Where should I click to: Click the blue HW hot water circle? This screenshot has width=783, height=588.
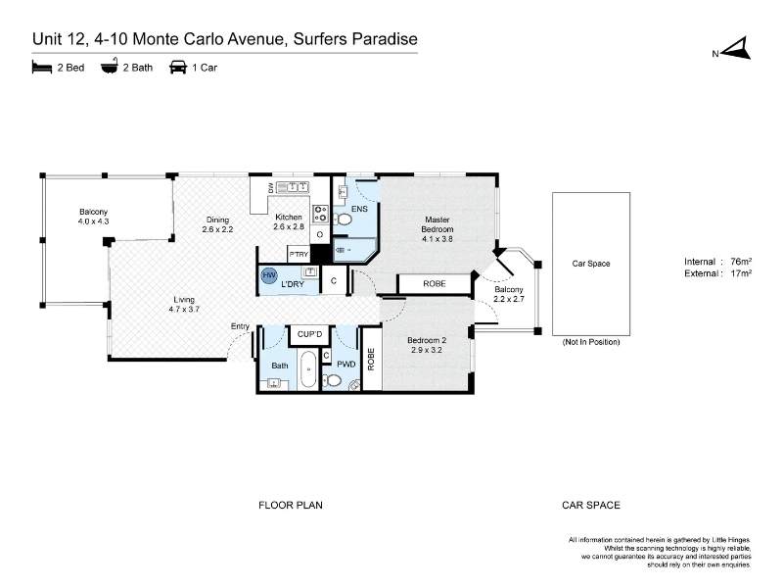pos(269,275)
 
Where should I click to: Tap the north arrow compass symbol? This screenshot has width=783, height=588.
pos(737,48)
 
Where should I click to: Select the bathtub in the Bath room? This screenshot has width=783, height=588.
pos(308,369)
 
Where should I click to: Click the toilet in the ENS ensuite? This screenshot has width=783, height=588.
pos(343,219)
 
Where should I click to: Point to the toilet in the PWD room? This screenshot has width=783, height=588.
pos(332,380)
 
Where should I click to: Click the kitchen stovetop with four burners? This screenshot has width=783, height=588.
pos(320,214)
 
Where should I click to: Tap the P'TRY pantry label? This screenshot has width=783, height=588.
pos(299,255)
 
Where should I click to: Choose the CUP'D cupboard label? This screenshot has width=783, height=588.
pos(309,334)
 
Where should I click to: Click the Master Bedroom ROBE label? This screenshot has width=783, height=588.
pos(435,283)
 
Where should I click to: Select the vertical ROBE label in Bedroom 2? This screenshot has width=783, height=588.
pos(371,359)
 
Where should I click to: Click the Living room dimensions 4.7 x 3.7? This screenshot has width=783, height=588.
pos(184,309)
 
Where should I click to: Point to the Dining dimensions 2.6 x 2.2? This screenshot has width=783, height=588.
pos(217,229)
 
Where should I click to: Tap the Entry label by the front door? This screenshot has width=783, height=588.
pos(240,326)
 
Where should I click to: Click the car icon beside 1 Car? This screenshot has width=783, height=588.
pos(178,67)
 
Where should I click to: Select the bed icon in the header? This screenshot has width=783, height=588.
pos(42,67)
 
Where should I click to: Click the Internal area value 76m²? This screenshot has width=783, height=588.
pos(741,261)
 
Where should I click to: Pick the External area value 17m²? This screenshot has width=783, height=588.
pos(741,273)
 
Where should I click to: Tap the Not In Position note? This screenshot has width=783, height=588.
pos(591,342)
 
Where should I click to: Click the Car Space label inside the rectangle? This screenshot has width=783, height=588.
pos(591,264)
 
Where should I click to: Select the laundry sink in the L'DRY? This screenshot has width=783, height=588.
pos(310,272)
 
